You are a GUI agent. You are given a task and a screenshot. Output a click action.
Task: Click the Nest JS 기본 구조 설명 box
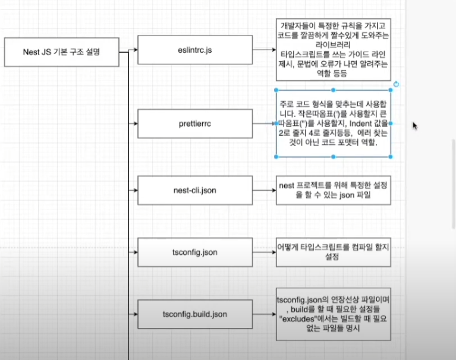[62, 52]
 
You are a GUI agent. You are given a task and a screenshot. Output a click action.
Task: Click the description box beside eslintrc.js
[332, 49]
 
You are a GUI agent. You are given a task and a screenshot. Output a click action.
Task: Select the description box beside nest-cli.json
[332, 190]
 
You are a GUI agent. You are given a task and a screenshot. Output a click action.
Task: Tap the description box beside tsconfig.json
[332, 252]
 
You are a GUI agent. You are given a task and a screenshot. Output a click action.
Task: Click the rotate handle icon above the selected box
[396, 84]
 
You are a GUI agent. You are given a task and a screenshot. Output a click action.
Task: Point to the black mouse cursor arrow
[414, 125]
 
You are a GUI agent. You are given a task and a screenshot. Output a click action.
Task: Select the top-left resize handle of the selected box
[276, 90]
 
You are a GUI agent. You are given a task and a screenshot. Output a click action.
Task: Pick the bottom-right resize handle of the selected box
[390, 157]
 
